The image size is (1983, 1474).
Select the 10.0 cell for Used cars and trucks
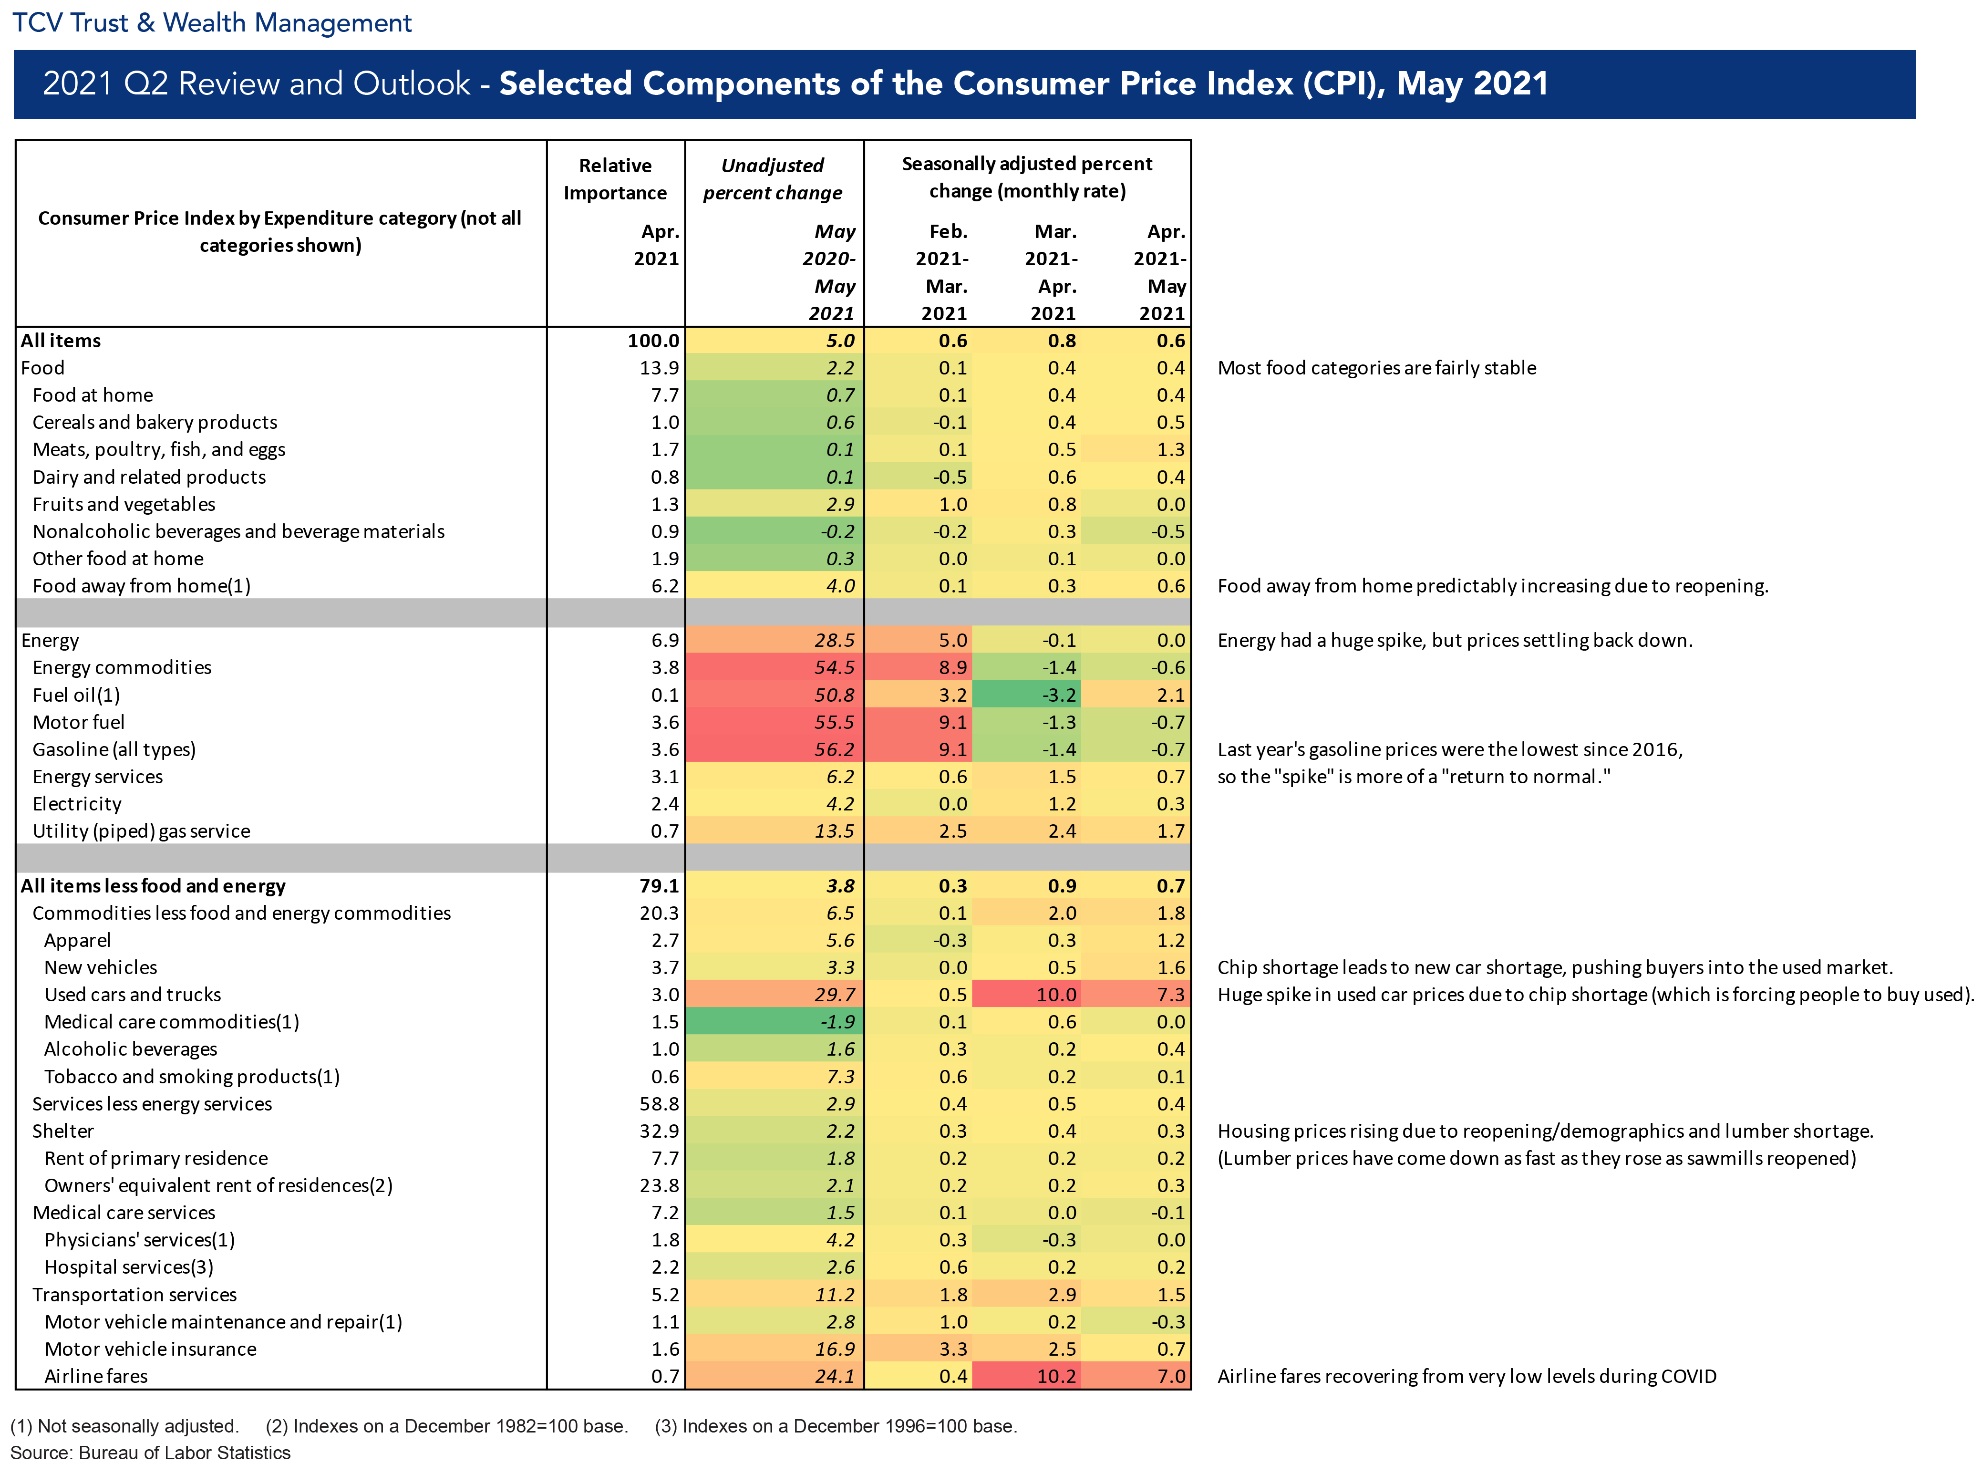[1056, 995]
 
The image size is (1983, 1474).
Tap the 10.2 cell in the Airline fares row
[1056, 1377]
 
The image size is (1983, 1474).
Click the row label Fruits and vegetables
[124, 504]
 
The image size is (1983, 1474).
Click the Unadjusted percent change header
[773, 179]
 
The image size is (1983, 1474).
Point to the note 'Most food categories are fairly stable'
[1376, 368]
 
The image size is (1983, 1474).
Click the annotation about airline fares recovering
[1467, 1377]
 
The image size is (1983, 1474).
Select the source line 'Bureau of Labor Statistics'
[185, 1453]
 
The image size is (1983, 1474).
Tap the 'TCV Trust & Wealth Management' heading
[212, 22]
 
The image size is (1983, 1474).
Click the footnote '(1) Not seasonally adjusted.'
[125, 1426]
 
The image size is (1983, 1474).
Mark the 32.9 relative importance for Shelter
[659, 1131]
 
